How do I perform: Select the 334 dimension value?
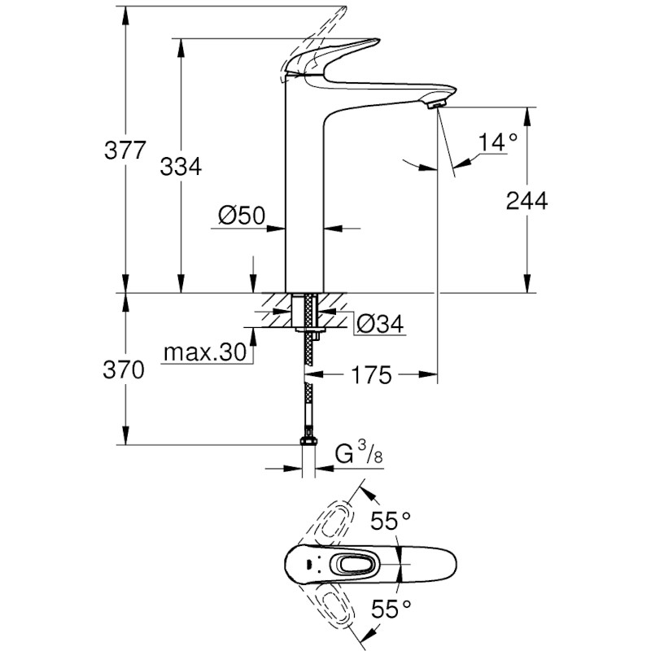click(x=180, y=167)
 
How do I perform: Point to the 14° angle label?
click(x=497, y=142)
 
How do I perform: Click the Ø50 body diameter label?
click(x=242, y=216)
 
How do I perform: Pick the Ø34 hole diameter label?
click(x=379, y=324)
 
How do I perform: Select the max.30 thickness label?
click(x=204, y=352)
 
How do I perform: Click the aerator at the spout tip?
click(x=437, y=103)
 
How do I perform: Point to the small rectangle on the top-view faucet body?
click(x=308, y=564)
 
